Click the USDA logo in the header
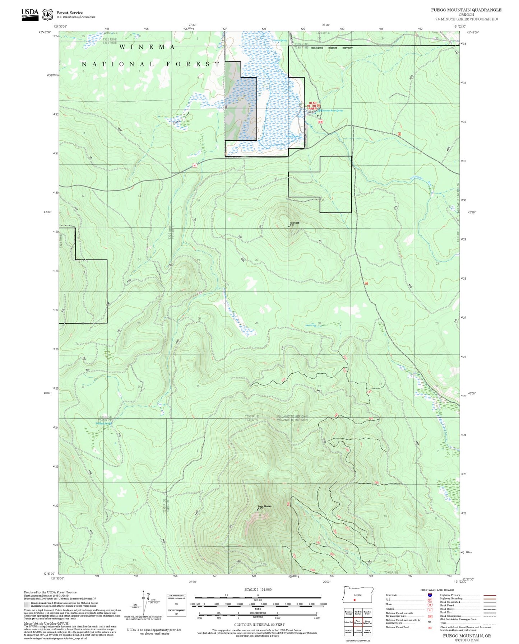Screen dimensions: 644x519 30,14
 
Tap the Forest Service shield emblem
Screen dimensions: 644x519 47,15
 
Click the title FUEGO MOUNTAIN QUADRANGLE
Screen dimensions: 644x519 466,10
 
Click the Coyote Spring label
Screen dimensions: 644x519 280,41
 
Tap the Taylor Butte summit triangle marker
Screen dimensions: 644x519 289,227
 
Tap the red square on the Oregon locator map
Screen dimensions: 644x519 354,600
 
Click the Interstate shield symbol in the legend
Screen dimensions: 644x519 430,595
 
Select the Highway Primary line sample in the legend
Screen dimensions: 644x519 490,595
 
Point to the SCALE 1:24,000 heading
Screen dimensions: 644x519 258,589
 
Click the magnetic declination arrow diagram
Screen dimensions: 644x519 144,603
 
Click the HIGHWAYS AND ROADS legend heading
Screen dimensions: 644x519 437,590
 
